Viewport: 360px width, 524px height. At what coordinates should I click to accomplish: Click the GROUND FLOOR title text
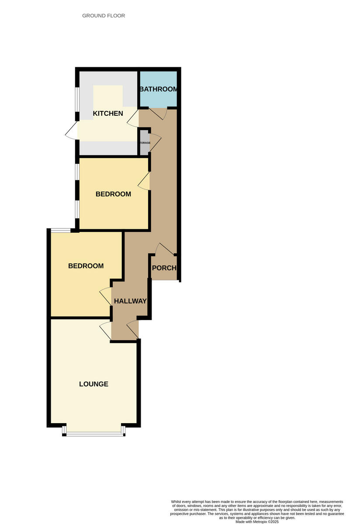[x=104, y=16]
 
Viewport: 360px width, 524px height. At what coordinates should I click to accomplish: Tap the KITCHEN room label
[x=108, y=114]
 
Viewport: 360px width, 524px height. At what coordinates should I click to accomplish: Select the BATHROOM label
[x=158, y=89]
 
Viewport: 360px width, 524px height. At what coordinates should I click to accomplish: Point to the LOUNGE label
[x=93, y=384]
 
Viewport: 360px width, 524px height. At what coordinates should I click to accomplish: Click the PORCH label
[x=164, y=268]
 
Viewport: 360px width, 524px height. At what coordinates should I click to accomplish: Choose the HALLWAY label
[x=130, y=301]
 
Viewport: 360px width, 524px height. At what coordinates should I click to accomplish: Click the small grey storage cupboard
[x=144, y=143]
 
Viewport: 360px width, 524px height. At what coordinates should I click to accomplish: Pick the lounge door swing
[x=105, y=331]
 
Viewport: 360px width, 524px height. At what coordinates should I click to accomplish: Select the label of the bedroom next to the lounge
[x=86, y=265]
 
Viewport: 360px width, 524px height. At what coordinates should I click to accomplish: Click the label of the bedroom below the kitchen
[x=113, y=194]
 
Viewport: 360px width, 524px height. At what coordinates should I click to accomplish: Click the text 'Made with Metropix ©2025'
[x=257, y=521]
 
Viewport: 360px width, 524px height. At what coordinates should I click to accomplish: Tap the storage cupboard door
[x=155, y=142]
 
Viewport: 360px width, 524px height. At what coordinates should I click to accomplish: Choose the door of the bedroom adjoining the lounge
[x=106, y=296]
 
